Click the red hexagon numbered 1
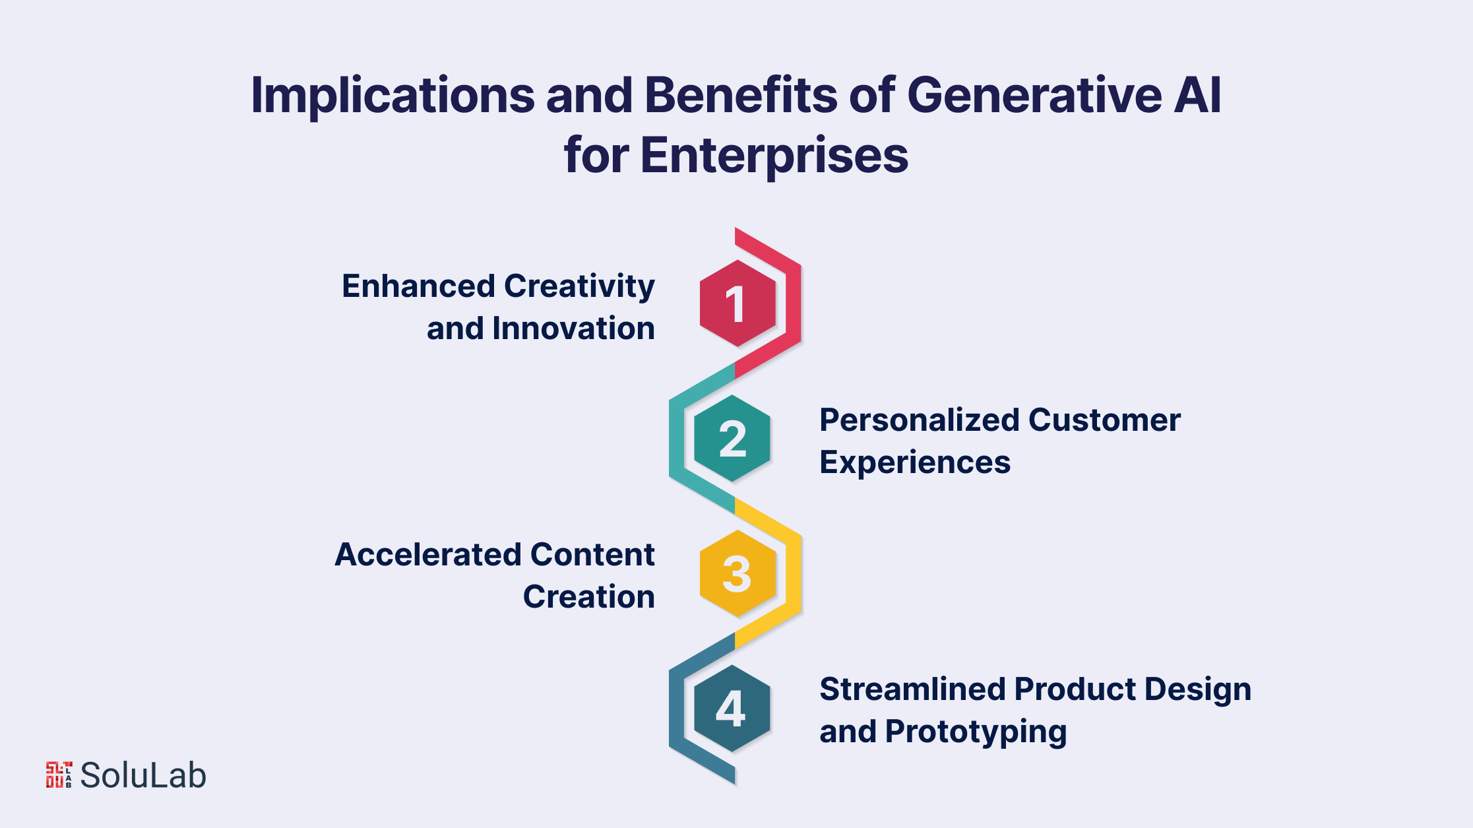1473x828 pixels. pyautogui.click(x=737, y=303)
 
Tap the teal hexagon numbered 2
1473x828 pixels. pyautogui.click(x=732, y=439)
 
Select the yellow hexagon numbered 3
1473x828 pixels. pyautogui.click(x=737, y=573)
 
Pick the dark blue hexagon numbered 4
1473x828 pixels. pyautogui.click(x=732, y=709)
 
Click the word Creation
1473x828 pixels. pyautogui.click(x=589, y=596)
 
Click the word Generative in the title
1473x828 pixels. pyautogui.click(x=1034, y=95)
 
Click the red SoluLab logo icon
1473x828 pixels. pyautogui.click(x=59, y=775)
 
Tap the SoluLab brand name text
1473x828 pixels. pyautogui.click(x=143, y=775)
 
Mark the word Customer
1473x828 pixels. pyautogui.click(x=1104, y=420)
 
